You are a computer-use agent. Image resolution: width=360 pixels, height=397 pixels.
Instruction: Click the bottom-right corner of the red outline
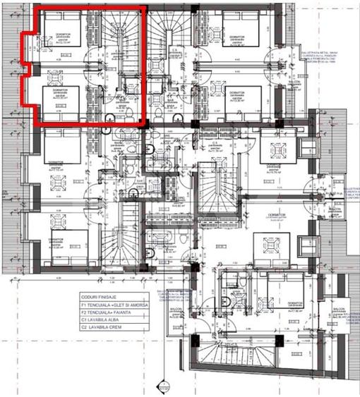[x=146, y=125]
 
